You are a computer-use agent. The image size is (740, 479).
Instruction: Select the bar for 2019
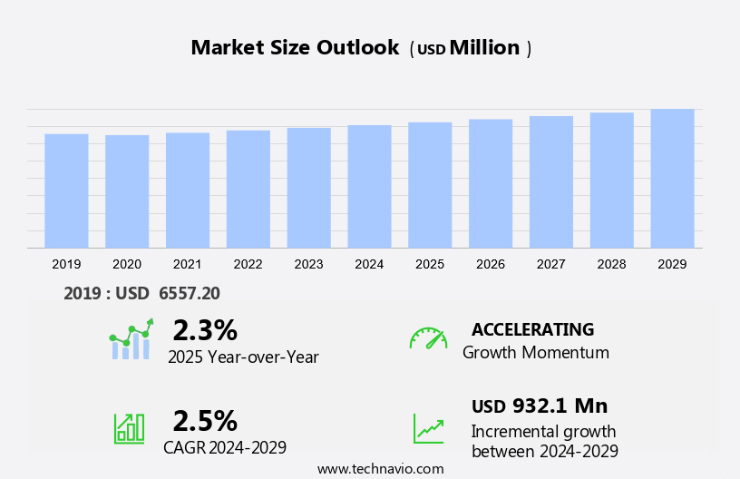click(x=66, y=191)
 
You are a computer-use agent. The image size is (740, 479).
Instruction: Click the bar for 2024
click(x=369, y=186)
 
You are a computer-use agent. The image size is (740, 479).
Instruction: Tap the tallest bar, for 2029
click(x=672, y=178)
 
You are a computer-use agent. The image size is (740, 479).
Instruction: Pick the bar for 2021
click(x=188, y=190)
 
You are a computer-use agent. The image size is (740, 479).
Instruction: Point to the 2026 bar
click(x=491, y=183)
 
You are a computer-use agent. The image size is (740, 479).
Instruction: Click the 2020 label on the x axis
click(x=127, y=264)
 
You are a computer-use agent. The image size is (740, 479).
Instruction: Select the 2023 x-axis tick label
click(x=308, y=264)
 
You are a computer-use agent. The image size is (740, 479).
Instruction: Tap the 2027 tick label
click(x=550, y=264)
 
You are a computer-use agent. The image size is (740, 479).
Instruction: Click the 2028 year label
click(x=611, y=264)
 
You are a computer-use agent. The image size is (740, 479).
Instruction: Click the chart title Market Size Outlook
click(x=295, y=48)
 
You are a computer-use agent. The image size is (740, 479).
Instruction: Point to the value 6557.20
click(x=190, y=293)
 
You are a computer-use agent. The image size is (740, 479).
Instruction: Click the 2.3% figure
click(x=205, y=330)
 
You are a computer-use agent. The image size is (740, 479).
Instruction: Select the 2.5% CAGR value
click(x=205, y=421)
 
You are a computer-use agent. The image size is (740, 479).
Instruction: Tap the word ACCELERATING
click(x=532, y=329)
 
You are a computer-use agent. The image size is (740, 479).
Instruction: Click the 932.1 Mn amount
click(x=560, y=406)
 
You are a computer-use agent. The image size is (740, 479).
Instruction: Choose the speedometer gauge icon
click(x=428, y=338)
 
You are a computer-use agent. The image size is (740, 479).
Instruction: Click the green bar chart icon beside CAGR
click(x=129, y=427)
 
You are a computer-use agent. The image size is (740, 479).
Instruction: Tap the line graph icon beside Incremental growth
click(x=428, y=428)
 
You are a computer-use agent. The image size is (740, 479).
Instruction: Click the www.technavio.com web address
click(x=381, y=469)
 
